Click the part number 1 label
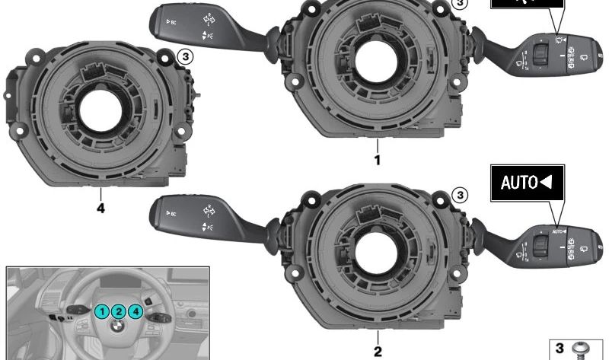click(x=375, y=160)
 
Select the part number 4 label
click(x=100, y=206)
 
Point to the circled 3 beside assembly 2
click(x=459, y=196)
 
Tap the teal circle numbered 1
click(x=102, y=310)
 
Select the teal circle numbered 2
click(x=119, y=310)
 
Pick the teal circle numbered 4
click(x=136, y=310)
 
